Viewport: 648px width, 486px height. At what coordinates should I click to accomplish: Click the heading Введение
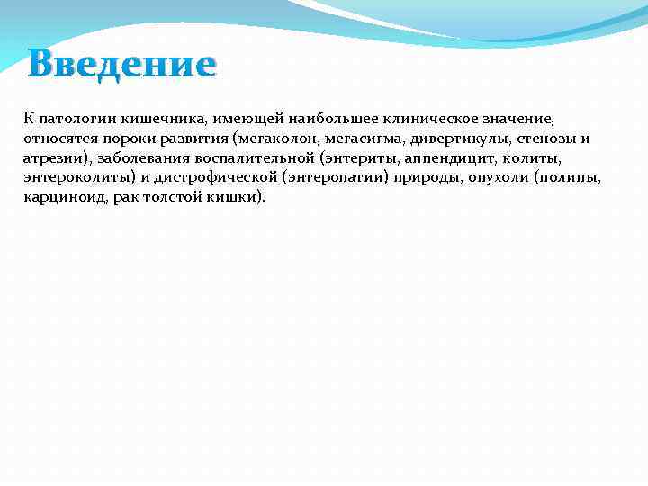pos(121,65)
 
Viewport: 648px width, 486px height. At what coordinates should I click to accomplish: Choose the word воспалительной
pos(249,158)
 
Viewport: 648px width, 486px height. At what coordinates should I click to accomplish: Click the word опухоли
pos(497,177)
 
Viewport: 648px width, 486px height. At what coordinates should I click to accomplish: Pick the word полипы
pos(570,177)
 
